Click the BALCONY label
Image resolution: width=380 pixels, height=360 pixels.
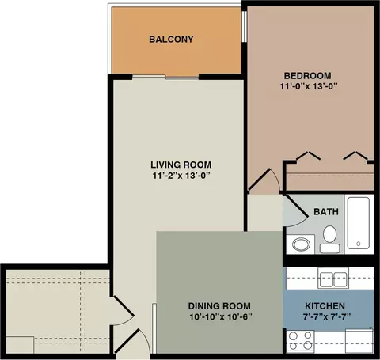[x=171, y=40]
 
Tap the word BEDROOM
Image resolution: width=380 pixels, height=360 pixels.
[x=308, y=76]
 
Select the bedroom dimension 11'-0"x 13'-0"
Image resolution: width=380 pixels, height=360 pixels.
[x=309, y=86]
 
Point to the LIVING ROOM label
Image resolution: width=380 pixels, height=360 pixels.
[x=181, y=165]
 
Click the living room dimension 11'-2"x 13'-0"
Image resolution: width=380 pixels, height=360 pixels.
[x=181, y=176]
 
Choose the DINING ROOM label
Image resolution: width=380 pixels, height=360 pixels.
[x=219, y=306]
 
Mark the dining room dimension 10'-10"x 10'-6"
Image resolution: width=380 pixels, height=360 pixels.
[x=221, y=316]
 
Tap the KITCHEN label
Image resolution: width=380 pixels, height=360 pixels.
[x=325, y=306]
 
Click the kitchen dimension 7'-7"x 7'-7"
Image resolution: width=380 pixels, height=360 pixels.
[x=327, y=316]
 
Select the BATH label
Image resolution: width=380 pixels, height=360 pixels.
[x=326, y=211]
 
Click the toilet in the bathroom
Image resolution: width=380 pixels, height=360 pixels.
[x=329, y=240]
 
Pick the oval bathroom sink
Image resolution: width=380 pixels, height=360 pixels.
[x=302, y=244]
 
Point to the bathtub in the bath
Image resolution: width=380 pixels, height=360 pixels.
[x=358, y=223]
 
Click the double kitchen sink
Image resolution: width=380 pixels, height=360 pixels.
[x=333, y=278]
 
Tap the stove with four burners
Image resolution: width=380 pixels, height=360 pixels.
[x=300, y=341]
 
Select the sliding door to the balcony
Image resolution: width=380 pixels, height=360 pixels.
[x=165, y=77]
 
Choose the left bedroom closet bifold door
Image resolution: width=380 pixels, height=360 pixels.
[x=309, y=156]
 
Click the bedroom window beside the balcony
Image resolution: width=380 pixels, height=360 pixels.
[x=245, y=26]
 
